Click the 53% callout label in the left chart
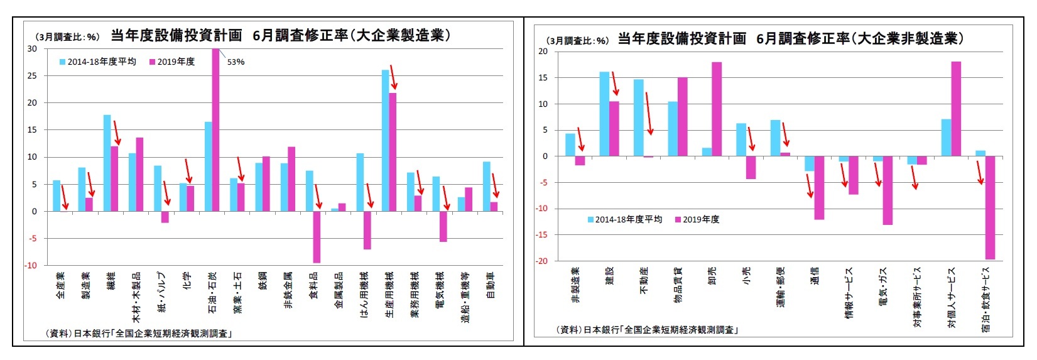[x=236, y=62]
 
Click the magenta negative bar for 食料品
[x=317, y=237]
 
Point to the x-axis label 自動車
[x=491, y=285]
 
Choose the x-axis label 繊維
[x=111, y=280]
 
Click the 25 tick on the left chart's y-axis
[x=31, y=76]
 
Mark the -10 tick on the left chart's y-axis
[x=31, y=266]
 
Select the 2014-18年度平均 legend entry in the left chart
[x=97, y=62]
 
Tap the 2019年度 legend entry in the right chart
[x=697, y=219]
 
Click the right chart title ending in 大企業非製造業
[x=790, y=39]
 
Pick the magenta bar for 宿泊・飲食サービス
[x=990, y=207]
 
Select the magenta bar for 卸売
[x=717, y=109]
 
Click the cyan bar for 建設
[x=604, y=114]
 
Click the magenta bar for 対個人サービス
[x=956, y=109]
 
